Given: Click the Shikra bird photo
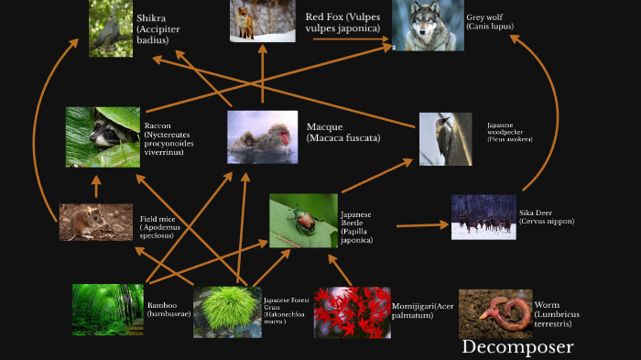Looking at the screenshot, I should tap(110, 28).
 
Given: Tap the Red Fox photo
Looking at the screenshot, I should tap(249, 21).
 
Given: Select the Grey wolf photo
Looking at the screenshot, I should tap(427, 26).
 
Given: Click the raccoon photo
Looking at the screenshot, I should tap(103, 136).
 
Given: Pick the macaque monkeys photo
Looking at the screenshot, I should tap(262, 136).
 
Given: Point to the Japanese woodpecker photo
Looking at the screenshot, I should tap(445, 138).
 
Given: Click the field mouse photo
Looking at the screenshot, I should tap(95, 222).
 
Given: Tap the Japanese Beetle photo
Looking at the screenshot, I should tap(303, 221).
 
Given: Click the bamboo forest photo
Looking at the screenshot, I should tap(107, 309).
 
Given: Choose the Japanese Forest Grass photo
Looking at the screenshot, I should tap(227, 312).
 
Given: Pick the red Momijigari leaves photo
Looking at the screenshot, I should tap(353, 312).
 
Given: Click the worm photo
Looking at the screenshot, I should tap(494, 313).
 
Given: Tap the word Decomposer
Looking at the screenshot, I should tap(517, 347).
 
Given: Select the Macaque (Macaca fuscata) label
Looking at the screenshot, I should tap(342, 132).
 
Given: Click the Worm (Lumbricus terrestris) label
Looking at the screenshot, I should tap(554, 314).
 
